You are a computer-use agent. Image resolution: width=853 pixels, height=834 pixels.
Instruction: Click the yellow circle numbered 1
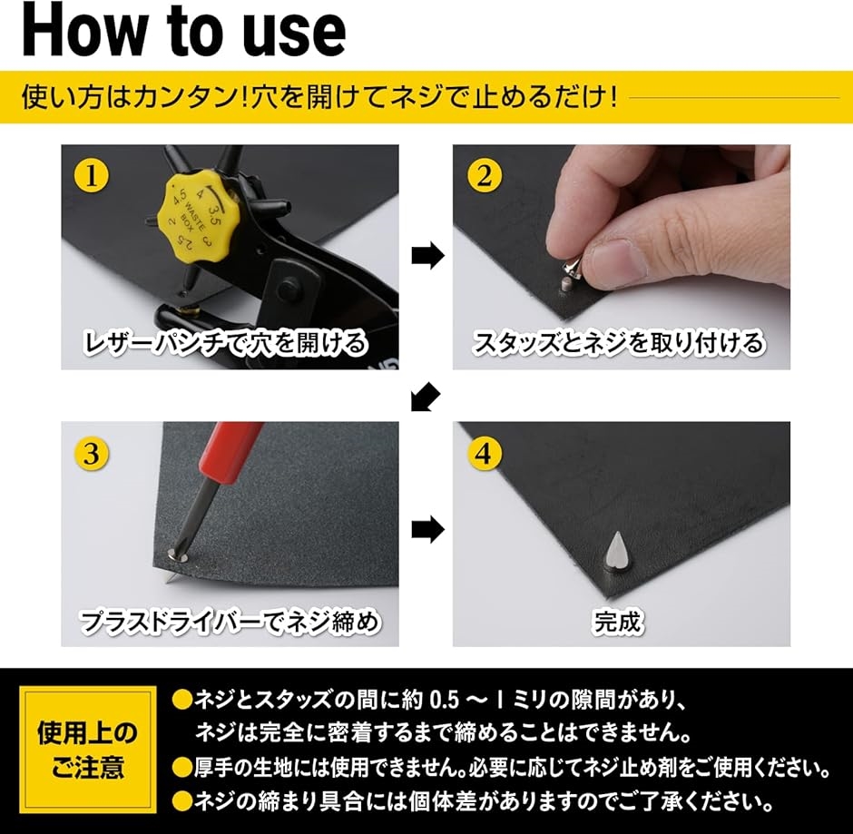92,175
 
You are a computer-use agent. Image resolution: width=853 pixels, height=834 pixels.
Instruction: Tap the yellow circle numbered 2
485,175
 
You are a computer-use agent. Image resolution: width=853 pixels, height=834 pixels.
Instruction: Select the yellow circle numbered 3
92,453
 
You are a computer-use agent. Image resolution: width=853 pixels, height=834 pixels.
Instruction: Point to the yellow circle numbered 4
485,453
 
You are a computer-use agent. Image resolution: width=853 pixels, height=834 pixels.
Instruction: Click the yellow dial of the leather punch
191,215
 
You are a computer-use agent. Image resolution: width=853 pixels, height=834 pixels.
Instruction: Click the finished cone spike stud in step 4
616,552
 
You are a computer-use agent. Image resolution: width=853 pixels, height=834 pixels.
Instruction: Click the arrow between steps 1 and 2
427,256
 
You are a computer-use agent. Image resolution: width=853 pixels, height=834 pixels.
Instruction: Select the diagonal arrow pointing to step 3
425,396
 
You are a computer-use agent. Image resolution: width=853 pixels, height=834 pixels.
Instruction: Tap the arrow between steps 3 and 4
427,529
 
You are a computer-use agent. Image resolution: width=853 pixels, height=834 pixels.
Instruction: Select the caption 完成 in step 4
619,622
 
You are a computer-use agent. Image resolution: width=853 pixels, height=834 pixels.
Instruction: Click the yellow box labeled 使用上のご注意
88,750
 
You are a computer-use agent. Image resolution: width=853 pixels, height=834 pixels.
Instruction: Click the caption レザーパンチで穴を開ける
226,343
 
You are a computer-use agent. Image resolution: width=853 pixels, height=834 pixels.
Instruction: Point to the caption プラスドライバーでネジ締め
229,622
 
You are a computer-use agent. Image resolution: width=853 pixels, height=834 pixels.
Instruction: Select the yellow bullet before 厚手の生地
182,768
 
